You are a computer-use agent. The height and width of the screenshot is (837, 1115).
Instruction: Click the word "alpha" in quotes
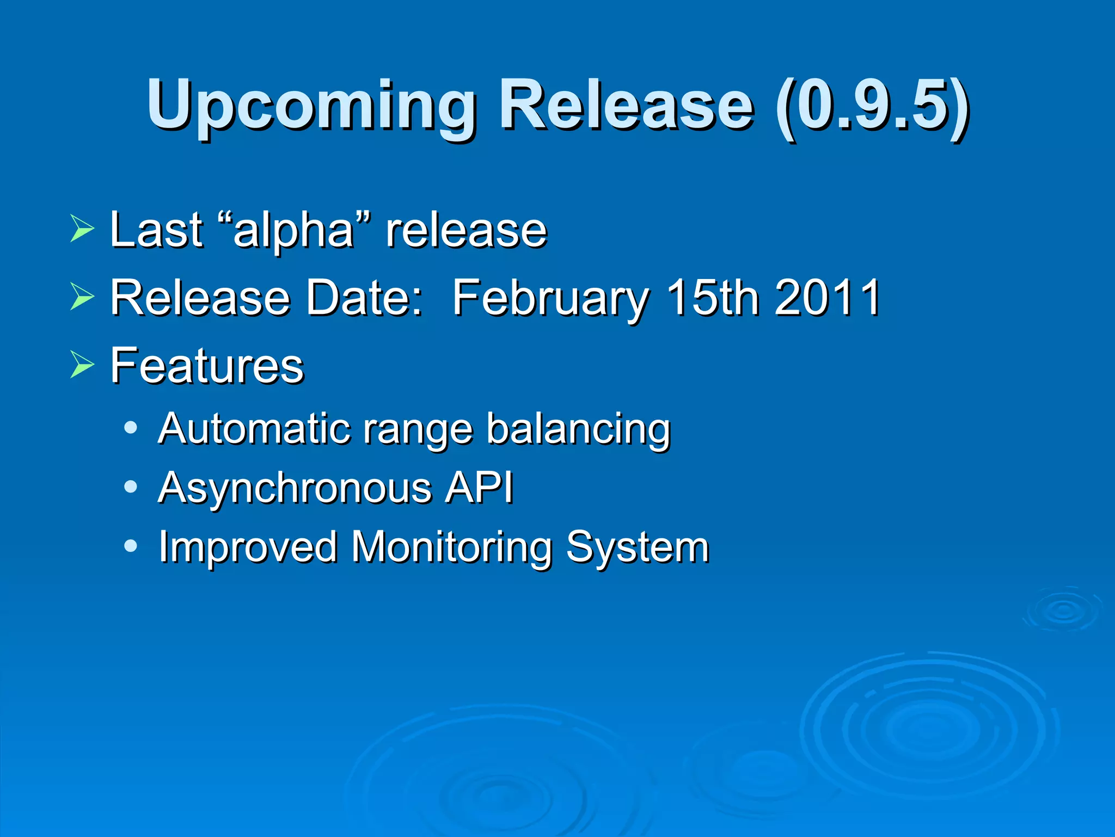click(294, 231)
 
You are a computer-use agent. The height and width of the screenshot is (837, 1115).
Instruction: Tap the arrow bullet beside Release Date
click(82, 297)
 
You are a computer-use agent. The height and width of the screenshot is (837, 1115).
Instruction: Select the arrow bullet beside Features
click(82, 365)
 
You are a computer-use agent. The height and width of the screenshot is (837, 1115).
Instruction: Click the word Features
click(207, 366)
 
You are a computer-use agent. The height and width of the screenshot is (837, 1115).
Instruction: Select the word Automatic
click(254, 429)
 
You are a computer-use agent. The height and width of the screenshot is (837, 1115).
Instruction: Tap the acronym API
click(479, 488)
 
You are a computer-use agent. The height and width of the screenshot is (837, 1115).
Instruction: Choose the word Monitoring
click(452, 548)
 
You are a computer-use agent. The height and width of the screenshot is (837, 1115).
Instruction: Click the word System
click(638, 548)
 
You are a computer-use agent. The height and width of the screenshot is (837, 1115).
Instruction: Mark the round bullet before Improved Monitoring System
click(130, 545)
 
